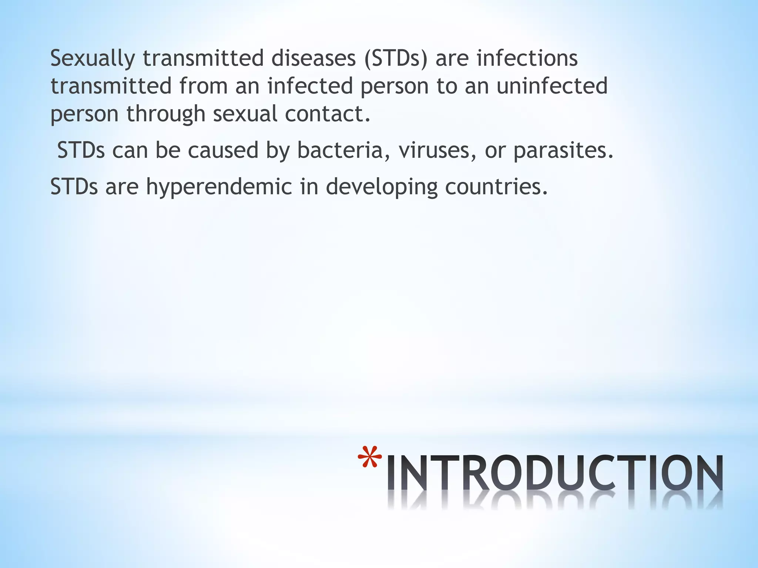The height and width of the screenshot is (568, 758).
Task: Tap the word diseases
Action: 313,58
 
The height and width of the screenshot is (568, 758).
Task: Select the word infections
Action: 527,58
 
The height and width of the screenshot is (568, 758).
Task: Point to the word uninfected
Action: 552,86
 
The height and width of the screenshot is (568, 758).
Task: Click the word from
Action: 203,86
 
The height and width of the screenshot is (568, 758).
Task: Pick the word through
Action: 166,114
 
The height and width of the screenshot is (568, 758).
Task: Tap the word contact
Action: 328,114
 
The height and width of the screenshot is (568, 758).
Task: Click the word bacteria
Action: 340,150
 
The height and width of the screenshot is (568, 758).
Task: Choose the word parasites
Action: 563,151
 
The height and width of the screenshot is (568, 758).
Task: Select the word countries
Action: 496,187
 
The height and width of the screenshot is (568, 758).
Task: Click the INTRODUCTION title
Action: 555,473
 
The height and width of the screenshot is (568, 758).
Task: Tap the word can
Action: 130,150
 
